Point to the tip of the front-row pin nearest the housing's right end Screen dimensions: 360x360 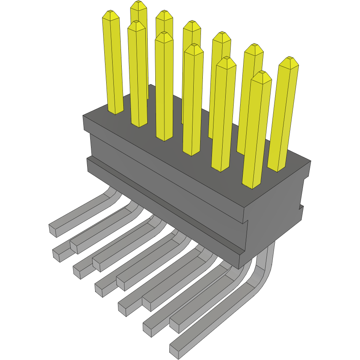pos(262,75)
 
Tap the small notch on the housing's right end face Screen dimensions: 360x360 pos(301,208)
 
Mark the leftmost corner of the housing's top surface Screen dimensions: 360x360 pos(83,116)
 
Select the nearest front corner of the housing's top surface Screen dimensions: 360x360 pos(244,207)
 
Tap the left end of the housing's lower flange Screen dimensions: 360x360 pos(88,164)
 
